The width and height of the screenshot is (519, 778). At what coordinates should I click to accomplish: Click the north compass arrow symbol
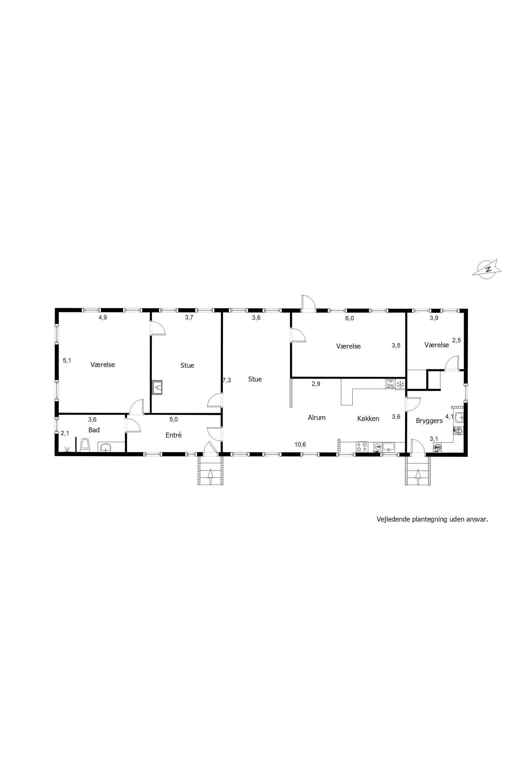click(x=487, y=268)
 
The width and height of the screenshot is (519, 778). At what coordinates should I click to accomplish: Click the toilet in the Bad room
click(x=85, y=445)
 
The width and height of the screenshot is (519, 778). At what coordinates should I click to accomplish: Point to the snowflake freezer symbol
click(x=400, y=384)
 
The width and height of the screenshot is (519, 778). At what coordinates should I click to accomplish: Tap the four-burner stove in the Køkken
click(x=362, y=447)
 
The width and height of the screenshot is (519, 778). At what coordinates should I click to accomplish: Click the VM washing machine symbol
click(x=437, y=448)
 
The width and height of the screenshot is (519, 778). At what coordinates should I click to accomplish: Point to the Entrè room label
click(x=173, y=435)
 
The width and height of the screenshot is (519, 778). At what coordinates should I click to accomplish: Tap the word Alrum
click(x=317, y=417)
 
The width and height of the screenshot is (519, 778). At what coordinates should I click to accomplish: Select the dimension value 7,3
click(x=227, y=380)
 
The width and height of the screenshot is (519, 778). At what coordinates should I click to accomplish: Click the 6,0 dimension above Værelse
click(x=349, y=318)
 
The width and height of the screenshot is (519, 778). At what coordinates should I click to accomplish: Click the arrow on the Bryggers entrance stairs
click(x=418, y=473)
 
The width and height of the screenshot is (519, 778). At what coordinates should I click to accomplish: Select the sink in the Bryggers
click(x=459, y=417)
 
